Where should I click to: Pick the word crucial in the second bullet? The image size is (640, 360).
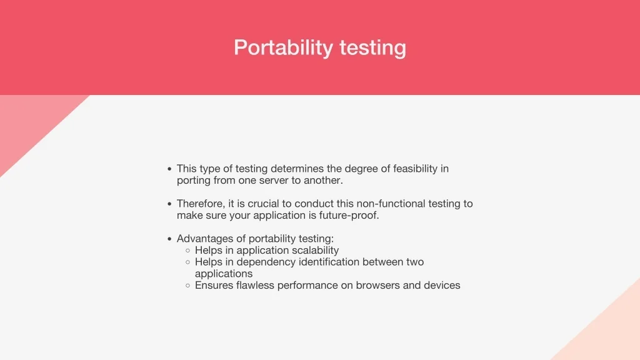tap(274, 204)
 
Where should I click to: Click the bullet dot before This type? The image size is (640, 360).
tap(169, 169)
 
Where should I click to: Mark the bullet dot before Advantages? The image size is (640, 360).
tap(169, 239)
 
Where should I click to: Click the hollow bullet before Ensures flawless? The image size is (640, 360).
tap(187, 286)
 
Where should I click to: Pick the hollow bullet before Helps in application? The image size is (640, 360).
tap(187, 251)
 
